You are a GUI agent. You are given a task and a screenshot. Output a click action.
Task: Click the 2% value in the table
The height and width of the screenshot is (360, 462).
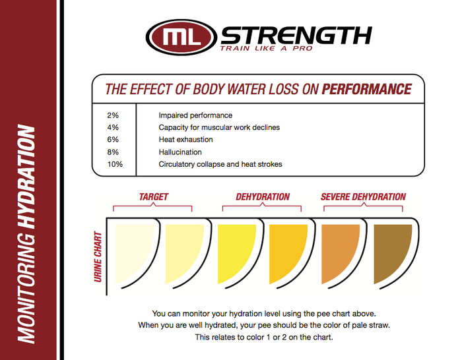pos(112,115)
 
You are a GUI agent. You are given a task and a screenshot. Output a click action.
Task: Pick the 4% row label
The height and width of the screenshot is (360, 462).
pos(112,127)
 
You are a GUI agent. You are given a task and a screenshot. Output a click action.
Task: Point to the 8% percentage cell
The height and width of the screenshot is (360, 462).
pos(112,152)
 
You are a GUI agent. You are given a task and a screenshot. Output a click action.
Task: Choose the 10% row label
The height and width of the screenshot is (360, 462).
pos(114,164)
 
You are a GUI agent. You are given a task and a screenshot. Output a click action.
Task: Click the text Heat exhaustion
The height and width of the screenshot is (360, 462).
pos(185,140)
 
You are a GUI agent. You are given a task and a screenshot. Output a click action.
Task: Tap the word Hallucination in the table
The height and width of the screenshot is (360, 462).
pos(180,152)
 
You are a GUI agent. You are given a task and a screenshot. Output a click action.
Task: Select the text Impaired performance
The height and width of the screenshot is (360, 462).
pos(195,115)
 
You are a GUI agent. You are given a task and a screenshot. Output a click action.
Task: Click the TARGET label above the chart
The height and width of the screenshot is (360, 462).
pos(153,196)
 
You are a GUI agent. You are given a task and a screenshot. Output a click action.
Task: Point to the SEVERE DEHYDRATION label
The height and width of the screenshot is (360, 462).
pos(363,196)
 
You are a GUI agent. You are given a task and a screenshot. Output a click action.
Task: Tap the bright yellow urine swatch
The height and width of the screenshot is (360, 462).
pos(236,247)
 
